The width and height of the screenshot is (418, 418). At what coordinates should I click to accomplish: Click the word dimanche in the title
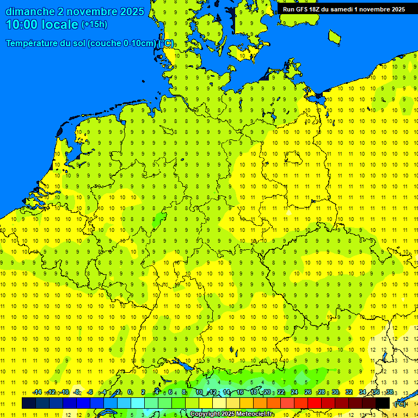(29, 11)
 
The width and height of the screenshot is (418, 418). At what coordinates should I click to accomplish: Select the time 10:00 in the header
(22, 24)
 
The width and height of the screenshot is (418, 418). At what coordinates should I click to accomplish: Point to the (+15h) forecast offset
(94, 24)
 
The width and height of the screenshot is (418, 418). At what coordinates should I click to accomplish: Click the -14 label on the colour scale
(37, 392)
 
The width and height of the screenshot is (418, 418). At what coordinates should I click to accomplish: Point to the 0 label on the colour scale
(130, 392)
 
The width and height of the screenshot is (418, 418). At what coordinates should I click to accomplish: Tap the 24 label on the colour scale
(294, 392)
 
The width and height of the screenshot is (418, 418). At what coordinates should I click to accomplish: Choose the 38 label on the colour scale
(389, 392)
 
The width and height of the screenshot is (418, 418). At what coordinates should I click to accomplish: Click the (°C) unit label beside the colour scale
(400, 404)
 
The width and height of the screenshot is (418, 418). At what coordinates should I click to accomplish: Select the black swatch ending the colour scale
(383, 403)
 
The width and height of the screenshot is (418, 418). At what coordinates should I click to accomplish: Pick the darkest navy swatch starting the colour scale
(29, 403)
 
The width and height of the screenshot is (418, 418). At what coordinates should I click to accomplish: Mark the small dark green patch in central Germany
(159, 220)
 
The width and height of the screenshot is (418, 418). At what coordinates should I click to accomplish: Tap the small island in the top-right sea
(334, 36)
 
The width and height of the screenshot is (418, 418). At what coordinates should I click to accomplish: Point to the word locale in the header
(61, 24)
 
